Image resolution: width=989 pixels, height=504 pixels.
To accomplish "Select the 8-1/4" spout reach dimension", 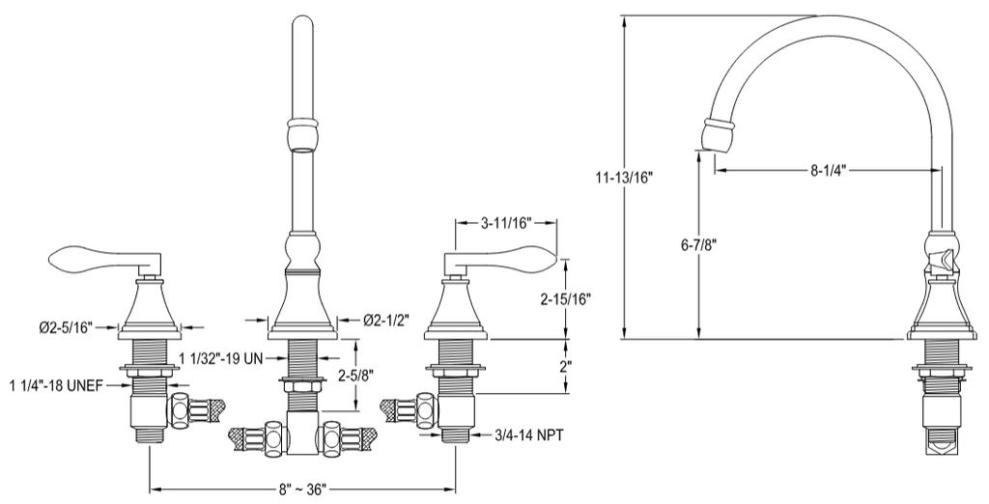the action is click(828, 170).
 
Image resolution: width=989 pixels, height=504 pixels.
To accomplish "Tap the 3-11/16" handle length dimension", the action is click(506, 222).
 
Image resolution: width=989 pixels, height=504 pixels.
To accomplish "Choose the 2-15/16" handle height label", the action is click(566, 299).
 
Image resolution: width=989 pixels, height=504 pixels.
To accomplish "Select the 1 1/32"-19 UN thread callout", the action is click(220, 358).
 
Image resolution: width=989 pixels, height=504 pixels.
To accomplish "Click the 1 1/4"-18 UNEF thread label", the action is click(56, 385).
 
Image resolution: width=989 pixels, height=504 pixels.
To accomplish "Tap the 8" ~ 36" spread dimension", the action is click(303, 489).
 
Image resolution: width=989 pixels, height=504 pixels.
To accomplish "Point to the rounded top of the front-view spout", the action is click(303, 25).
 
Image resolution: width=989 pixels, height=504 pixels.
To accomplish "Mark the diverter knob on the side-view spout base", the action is click(941, 259).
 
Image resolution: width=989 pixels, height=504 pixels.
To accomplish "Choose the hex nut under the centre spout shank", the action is click(303, 384).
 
